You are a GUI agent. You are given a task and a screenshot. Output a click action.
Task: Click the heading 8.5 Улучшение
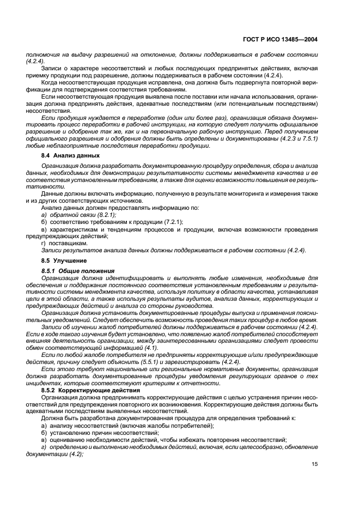click(63, 261)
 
